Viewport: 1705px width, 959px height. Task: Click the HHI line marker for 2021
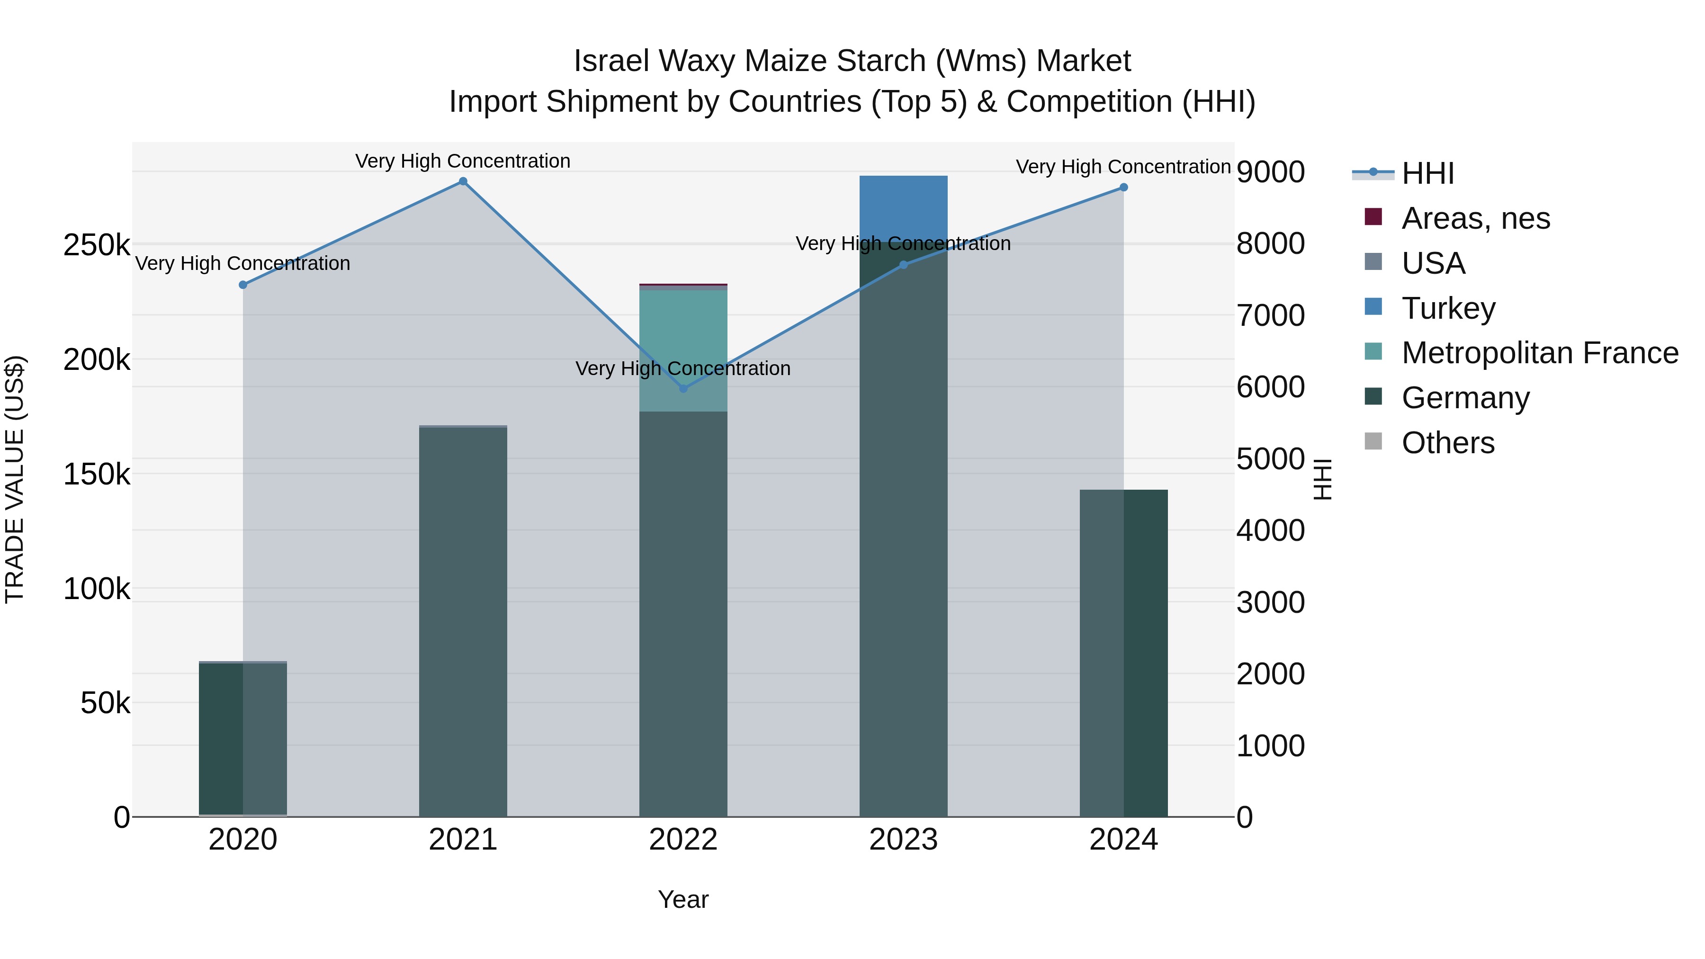(463, 181)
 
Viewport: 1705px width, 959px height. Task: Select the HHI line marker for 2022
(683, 388)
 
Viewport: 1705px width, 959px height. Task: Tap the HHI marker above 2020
(243, 285)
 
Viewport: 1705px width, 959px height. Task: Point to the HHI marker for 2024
(1123, 187)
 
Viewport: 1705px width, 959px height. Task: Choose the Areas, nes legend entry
(1475, 218)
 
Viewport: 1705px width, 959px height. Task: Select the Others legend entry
(1447, 443)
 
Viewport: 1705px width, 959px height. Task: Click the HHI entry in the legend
(1427, 173)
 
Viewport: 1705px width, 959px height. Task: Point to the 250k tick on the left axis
(97, 245)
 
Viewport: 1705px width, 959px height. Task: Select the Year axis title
(683, 899)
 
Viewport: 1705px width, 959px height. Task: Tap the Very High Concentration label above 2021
(463, 161)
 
